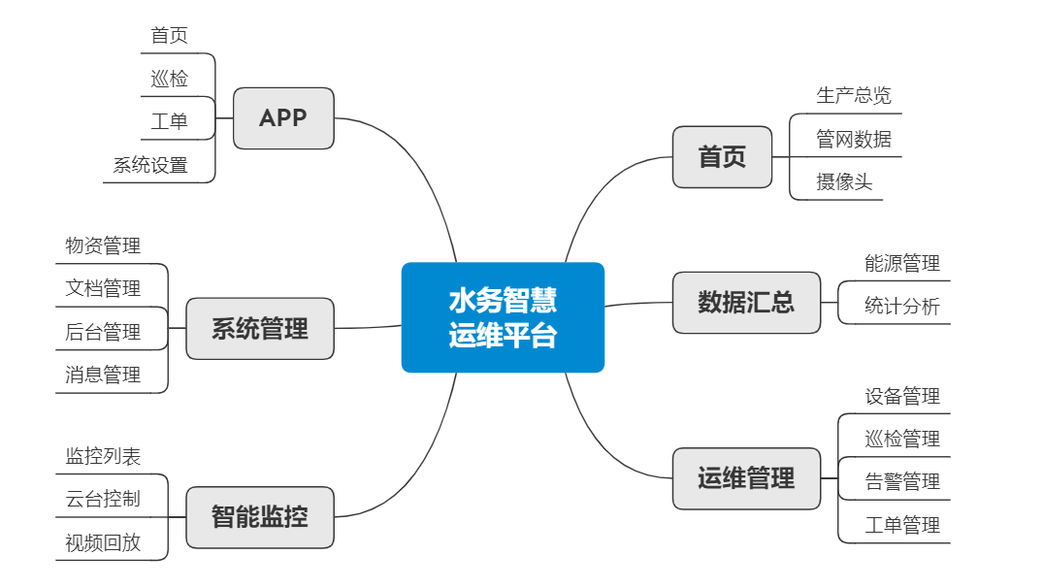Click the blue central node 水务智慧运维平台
[503, 317]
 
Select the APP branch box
[283, 118]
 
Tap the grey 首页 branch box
[722, 157]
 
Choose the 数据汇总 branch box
[746, 303]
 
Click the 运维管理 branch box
[746, 478]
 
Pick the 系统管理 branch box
[260, 329]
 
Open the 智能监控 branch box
[260, 516]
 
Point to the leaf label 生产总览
[854, 95]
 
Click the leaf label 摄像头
[844, 181]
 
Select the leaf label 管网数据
[854, 139]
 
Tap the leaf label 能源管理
[902, 263]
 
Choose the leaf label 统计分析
[902, 307]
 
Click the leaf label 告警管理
[902, 481]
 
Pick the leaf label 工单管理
[902, 525]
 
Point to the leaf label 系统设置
[150, 165]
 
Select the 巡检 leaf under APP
[170, 79]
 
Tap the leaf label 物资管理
[103, 245]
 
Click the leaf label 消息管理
[103, 375]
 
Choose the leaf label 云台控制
[103, 499]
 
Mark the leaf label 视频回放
[103, 542]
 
